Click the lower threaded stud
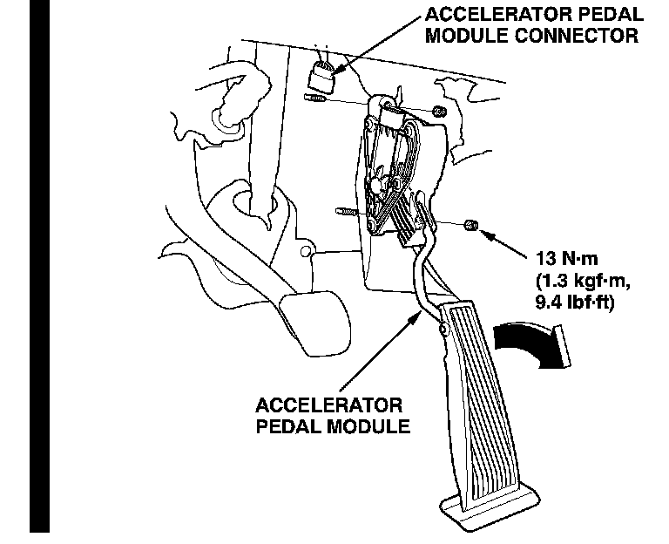tap(344, 211)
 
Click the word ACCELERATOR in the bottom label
tap(328, 407)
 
